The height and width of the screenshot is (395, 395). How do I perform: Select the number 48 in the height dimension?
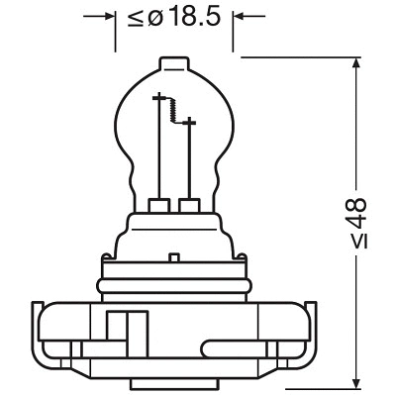click(356, 211)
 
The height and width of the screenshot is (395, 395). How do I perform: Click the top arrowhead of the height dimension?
click(356, 62)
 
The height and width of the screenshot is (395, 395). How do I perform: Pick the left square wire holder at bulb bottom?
click(156, 206)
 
